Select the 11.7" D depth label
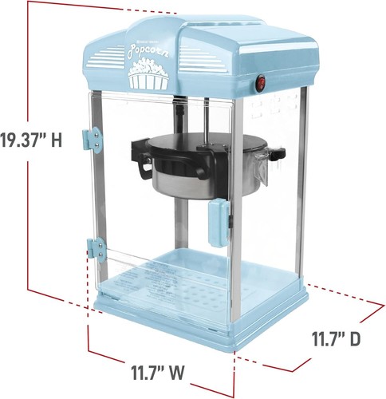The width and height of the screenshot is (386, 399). tap(334, 338)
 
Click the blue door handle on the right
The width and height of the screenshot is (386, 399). tap(217, 224)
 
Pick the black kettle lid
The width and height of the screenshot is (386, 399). tap(199, 147)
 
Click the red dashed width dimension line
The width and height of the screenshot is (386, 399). tap(199, 364)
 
